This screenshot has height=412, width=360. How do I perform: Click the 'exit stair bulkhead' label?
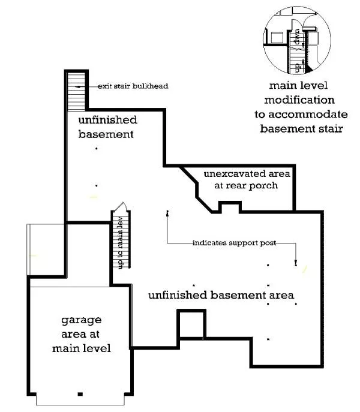[133, 86]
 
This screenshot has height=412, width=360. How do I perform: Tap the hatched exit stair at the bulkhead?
[76, 91]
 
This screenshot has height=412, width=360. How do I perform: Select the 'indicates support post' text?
[234, 243]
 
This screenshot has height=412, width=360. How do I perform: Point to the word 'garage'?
[81, 320]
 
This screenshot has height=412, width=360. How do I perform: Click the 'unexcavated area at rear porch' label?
[246, 179]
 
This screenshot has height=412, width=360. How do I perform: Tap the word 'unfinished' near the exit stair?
[108, 120]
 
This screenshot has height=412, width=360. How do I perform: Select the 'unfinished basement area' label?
[221, 295]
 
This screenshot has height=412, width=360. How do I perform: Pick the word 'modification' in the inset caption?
[301, 100]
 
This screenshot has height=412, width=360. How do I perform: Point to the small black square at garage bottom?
[80, 394]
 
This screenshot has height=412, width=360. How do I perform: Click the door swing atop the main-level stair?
[120, 207]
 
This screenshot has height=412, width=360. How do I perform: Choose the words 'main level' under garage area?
[81, 348]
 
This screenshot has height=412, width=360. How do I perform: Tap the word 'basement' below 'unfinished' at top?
[106, 134]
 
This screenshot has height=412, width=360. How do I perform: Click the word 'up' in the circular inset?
[295, 62]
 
